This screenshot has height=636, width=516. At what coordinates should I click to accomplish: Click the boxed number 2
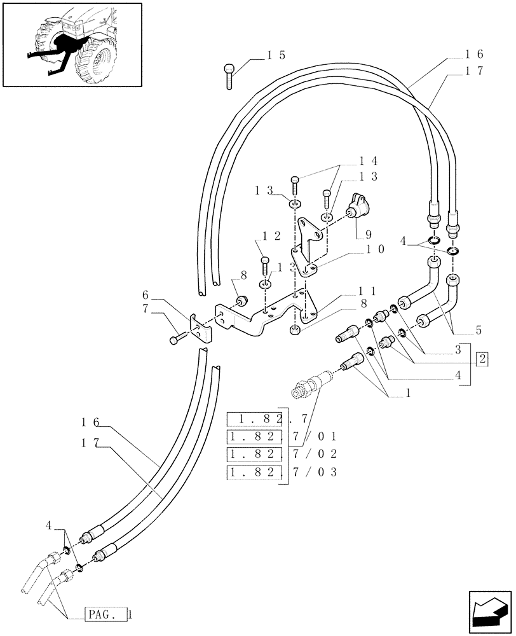[483, 359]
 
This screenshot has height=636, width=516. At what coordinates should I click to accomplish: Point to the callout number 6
[146, 296]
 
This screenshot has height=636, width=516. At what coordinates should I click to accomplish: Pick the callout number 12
[268, 236]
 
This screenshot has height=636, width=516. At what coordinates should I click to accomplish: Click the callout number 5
[478, 330]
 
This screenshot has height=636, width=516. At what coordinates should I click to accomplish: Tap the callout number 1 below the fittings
[407, 393]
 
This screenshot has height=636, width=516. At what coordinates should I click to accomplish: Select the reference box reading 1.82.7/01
[282, 436]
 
